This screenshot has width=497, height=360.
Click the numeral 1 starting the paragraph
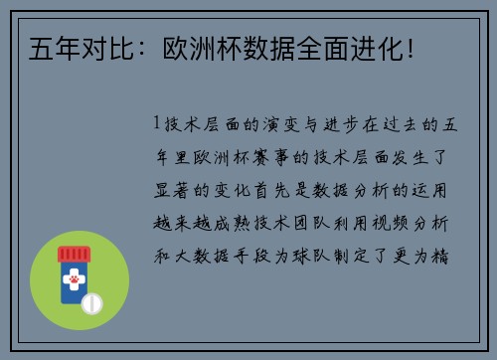158,125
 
